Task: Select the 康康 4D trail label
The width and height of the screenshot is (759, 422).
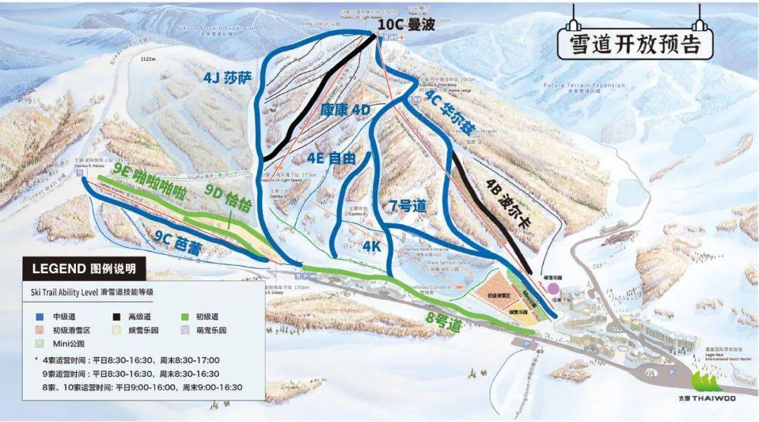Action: pyautogui.click(x=344, y=110)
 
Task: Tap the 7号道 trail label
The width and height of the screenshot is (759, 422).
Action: pyautogui.click(x=408, y=206)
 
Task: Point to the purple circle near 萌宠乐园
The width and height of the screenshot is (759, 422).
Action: pyautogui.click(x=554, y=288)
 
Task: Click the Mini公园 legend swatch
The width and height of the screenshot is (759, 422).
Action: pyautogui.click(x=37, y=343)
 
